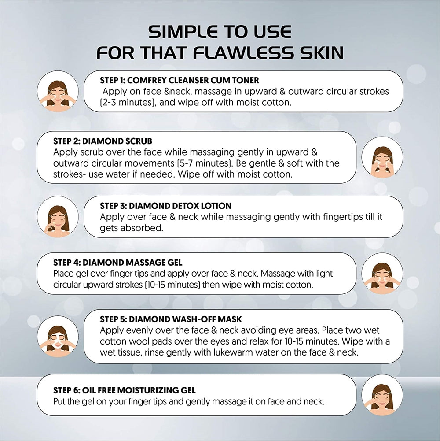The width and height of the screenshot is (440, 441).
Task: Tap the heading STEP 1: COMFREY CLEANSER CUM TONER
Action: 180,81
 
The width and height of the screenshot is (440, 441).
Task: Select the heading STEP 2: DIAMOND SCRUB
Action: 103,141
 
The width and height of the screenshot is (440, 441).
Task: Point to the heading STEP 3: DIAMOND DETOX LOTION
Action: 165,206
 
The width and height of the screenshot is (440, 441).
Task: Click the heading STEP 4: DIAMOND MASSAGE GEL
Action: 117,263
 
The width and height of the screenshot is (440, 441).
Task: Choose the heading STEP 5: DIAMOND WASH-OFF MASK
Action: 171,319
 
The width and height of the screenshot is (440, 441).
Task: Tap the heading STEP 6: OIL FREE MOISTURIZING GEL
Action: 125,390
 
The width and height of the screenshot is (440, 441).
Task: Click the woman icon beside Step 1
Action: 58,92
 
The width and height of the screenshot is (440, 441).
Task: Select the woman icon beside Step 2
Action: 382,157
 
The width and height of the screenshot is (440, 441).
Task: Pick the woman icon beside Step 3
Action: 58,217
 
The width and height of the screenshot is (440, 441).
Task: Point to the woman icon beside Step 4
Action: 382,274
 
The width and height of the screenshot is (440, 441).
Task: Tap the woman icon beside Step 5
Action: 58,335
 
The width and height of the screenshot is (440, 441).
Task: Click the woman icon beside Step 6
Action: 382,395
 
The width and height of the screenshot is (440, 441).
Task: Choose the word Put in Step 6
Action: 60,401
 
